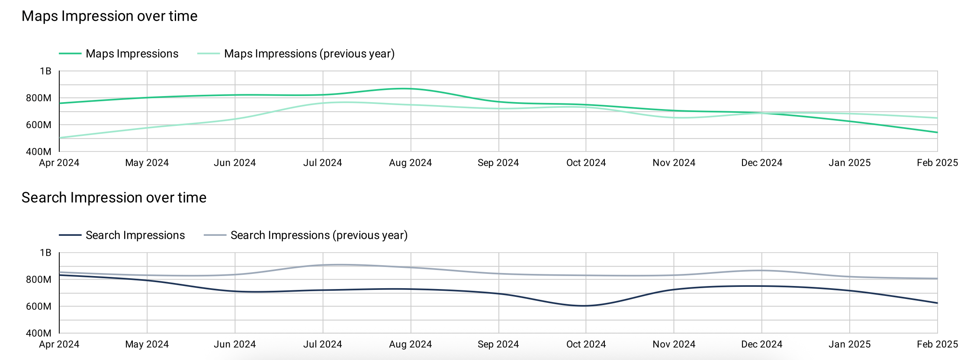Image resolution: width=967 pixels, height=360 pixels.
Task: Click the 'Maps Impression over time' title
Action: tap(109, 16)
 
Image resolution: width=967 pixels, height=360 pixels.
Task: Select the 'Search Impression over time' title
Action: tap(114, 198)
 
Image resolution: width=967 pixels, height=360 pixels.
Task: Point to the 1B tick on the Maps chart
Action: tap(45, 71)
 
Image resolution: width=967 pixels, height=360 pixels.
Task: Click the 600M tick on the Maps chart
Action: tap(39, 125)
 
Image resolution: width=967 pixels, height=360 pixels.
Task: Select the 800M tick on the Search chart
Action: tap(39, 280)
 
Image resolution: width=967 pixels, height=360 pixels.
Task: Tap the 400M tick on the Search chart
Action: tap(39, 333)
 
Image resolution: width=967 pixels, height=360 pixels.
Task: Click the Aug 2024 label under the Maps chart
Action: tap(410, 163)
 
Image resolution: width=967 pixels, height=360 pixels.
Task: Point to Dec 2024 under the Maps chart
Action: tap(761, 163)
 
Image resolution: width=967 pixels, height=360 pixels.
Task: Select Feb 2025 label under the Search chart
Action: tap(937, 344)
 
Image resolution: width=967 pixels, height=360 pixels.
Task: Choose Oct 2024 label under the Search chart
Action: tap(586, 344)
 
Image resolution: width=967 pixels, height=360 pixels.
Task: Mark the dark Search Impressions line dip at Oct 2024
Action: tap(585, 306)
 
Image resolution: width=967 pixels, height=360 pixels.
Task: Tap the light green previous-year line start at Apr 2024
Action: tap(60, 138)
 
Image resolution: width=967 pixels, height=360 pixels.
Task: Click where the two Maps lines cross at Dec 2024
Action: tap(761, 113)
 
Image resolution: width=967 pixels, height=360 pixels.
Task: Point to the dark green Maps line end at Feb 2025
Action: tap(937, 132)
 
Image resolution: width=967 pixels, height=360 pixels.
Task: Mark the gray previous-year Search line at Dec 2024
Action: tap(761, 270)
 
